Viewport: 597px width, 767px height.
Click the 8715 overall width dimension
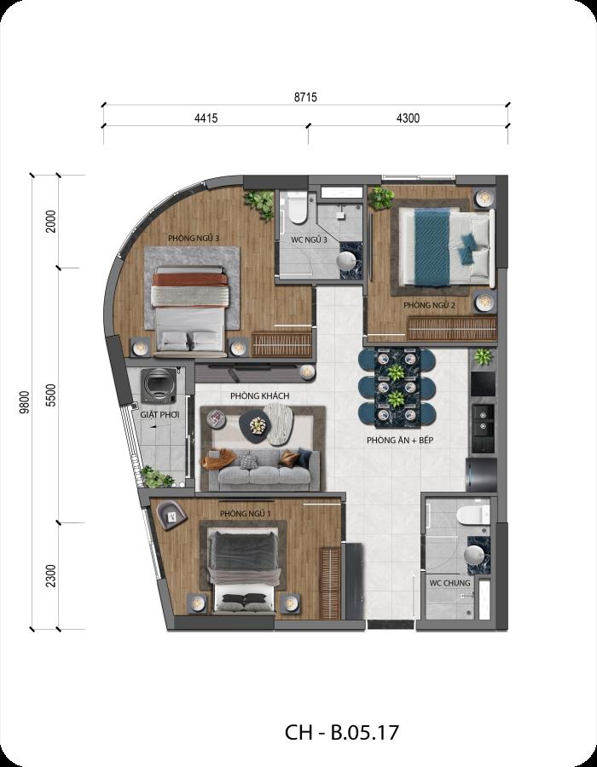305,97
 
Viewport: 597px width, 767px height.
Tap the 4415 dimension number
206,118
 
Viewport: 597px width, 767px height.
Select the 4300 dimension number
409,118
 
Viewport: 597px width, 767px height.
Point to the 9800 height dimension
25,402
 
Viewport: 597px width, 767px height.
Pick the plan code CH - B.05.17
342,733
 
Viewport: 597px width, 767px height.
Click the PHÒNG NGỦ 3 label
194,239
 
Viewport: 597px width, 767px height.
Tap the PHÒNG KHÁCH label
260,395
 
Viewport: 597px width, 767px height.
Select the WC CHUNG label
449,583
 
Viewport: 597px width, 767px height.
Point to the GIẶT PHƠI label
159,415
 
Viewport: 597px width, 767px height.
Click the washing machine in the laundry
159,386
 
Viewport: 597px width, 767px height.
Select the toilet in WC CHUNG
473,516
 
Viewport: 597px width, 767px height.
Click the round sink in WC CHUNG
474,556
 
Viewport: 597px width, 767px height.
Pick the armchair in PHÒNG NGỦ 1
171,515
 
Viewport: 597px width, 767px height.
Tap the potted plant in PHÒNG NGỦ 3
259,205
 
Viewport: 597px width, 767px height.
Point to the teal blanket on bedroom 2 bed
432,247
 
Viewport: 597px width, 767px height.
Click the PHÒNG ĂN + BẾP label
400,441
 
